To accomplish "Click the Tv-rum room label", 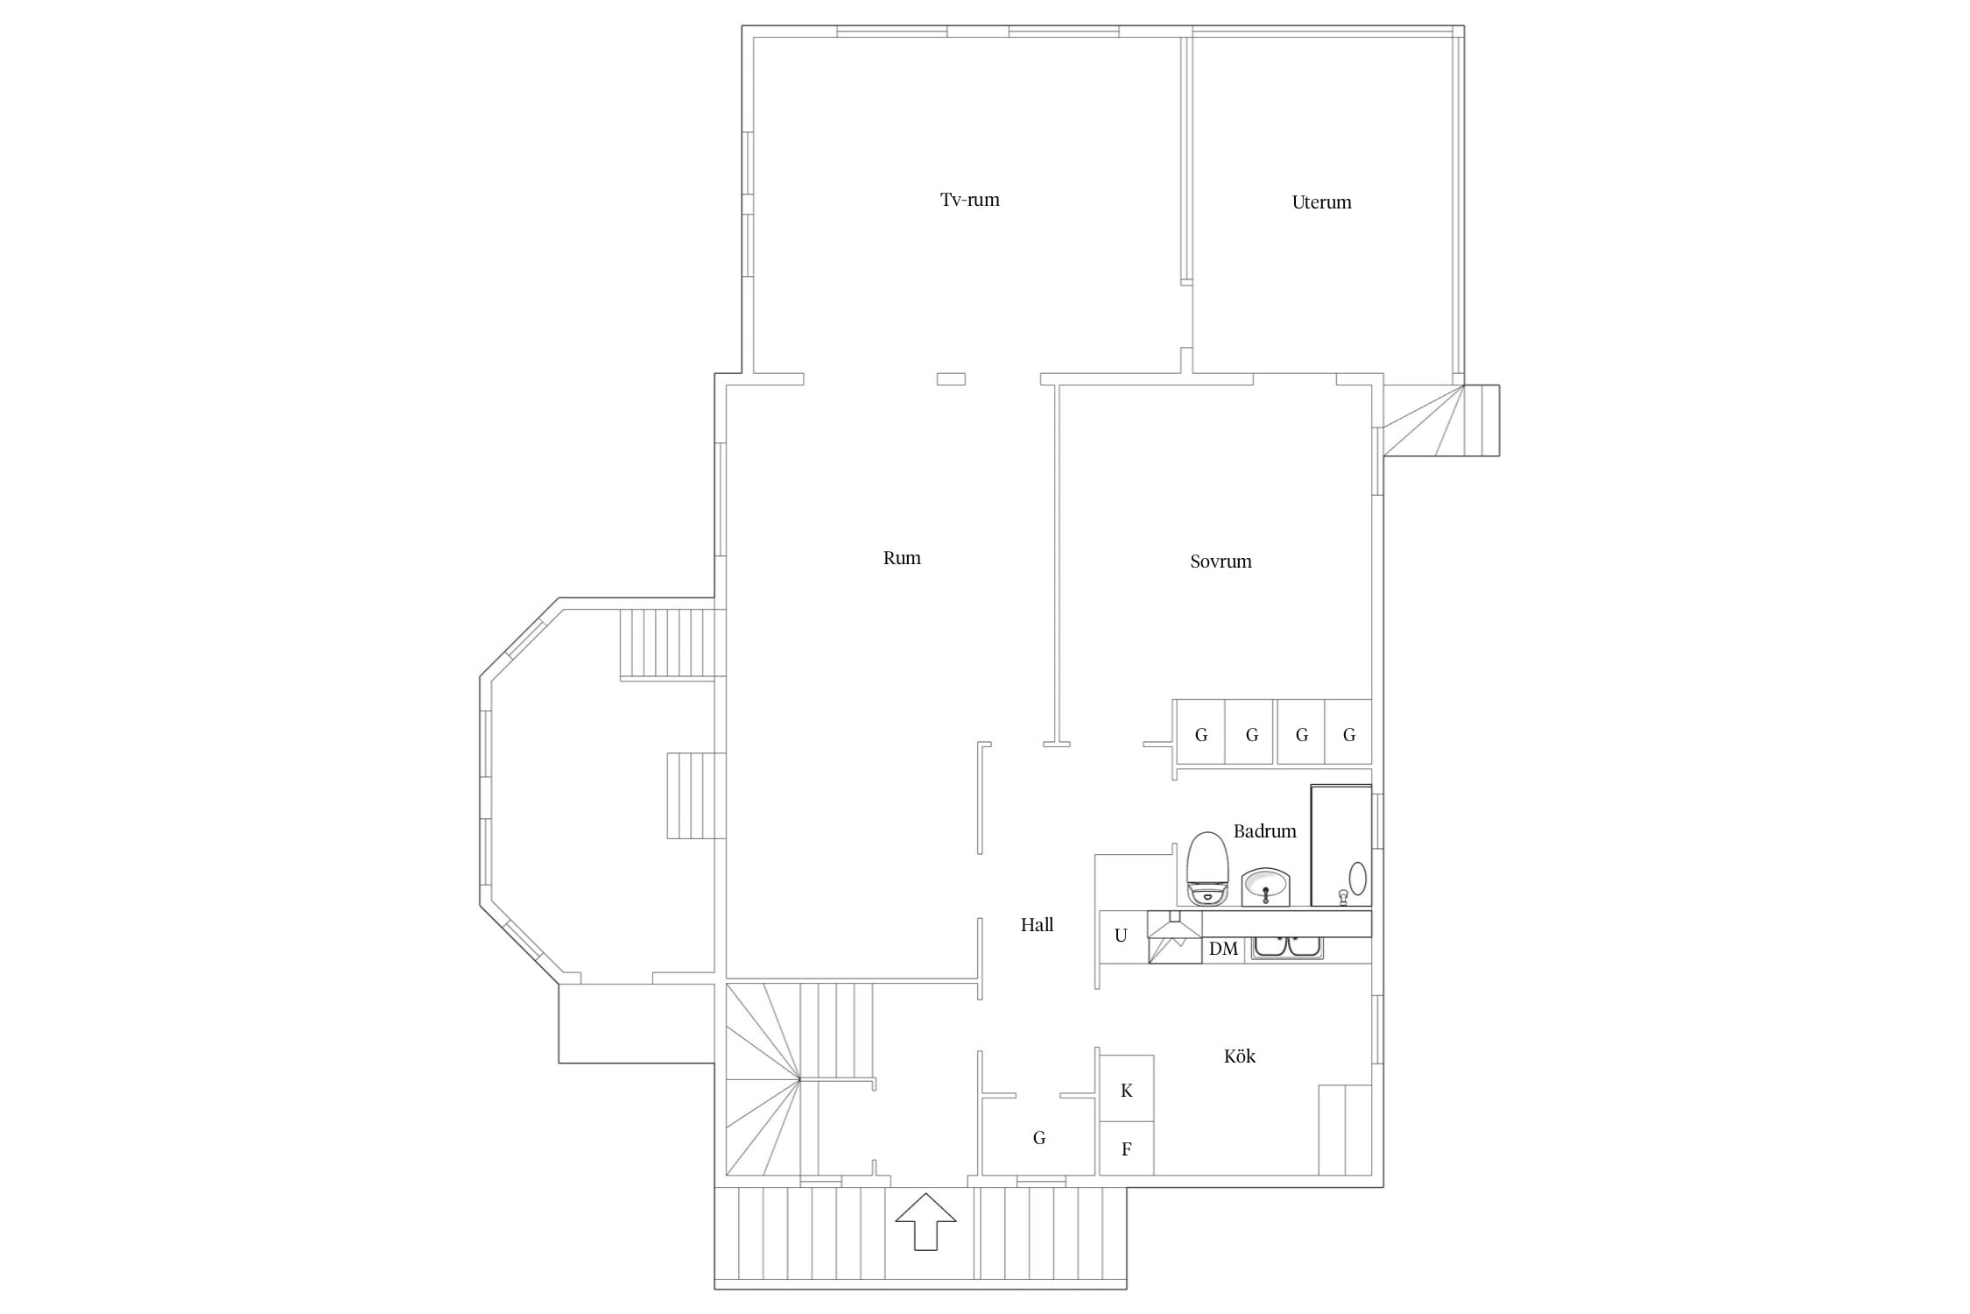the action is click(969, 200).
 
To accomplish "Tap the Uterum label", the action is click(1321, 202).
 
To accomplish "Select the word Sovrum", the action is click(1221, 562).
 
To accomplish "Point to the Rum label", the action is click(902, 558).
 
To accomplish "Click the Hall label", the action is click(1037, 924).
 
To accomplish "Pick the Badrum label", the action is click(1264, 830).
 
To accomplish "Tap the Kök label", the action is click(1239, 1056).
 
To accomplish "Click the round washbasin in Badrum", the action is click(1265, 886).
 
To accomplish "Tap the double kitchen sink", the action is click(1286, 947).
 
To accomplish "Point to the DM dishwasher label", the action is click(1223, 949).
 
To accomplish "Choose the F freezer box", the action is click(1127, 1148).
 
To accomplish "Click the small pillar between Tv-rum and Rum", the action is click(951, 379).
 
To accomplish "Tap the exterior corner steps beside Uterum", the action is click(1441, 420).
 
